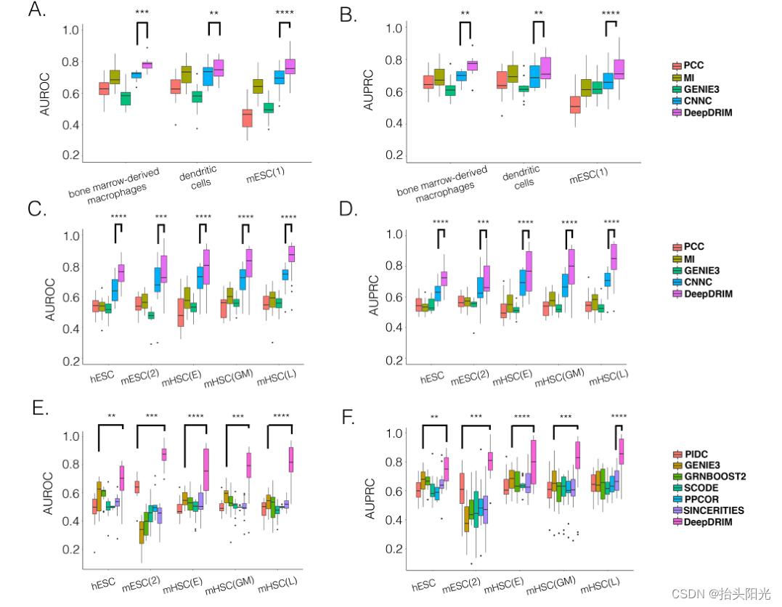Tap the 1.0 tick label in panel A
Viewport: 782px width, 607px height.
click(x=70, y=30)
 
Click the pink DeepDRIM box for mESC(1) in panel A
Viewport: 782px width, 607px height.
click(x=290, y=66)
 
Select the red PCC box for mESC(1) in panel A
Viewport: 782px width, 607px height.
click(x=248, y=118)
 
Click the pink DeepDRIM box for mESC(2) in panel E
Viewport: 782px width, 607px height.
click(x=164, y=454)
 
